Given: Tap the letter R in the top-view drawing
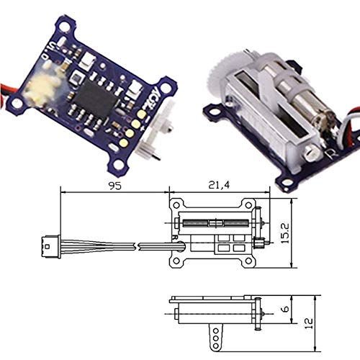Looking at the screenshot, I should click(x=175, y=235).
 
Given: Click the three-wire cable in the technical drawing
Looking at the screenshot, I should click(x=101, y=247).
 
